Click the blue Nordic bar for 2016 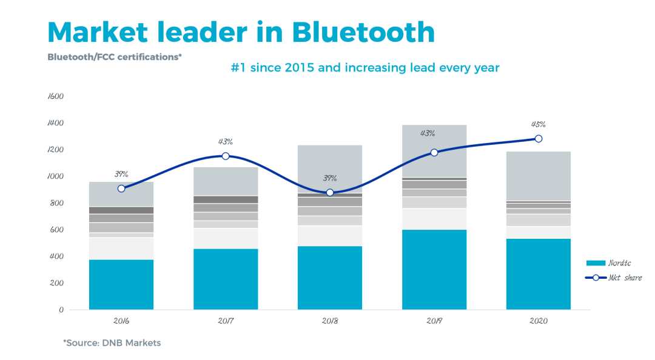(x=121, y=284)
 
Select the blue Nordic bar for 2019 (x=434, y=269)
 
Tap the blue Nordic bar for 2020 (x=539, y=274)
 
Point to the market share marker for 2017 (x=226, y=156)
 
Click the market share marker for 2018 (x=330, y=192)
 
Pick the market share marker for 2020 (x=539, y=139)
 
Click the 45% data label (x=539, y=124)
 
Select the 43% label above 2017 (x=226, y=142)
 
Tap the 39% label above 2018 (x=330, y=178)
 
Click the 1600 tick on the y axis (x=55, y=96)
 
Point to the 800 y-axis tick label (x=57, y=203)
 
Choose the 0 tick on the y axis (x=61, y=310)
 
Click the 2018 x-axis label (x=330, y=321)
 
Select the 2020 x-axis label (x=539, y=321)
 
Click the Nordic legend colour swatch (x=596, y=263)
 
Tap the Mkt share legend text (x=625, y=278)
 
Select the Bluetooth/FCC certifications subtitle (x=115, y=57)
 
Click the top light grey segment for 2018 (x=330, y=168)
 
